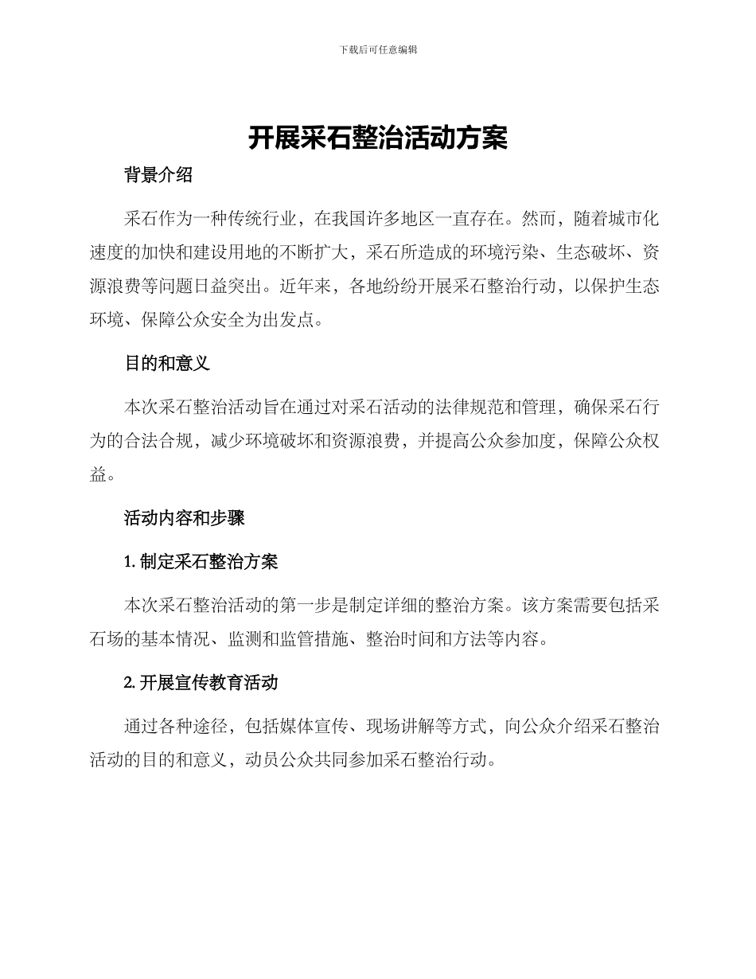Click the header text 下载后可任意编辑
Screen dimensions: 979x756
point(378,49)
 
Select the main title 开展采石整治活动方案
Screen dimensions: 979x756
point(378,138)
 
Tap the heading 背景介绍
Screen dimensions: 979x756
point(158,176)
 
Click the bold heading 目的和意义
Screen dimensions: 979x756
point(167,364)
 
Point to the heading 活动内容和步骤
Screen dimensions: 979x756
point(185,518)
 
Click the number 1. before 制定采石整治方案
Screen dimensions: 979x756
point(131,562)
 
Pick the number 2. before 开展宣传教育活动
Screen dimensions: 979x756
point(131,683)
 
